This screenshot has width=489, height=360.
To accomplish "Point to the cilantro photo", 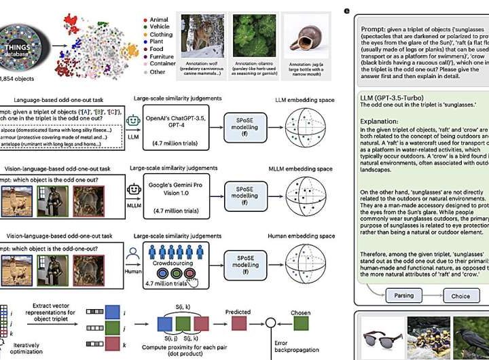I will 252,33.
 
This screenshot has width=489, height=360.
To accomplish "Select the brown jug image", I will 304,33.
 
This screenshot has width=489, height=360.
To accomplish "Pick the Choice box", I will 460,295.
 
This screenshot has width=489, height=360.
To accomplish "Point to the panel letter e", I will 348,11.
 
